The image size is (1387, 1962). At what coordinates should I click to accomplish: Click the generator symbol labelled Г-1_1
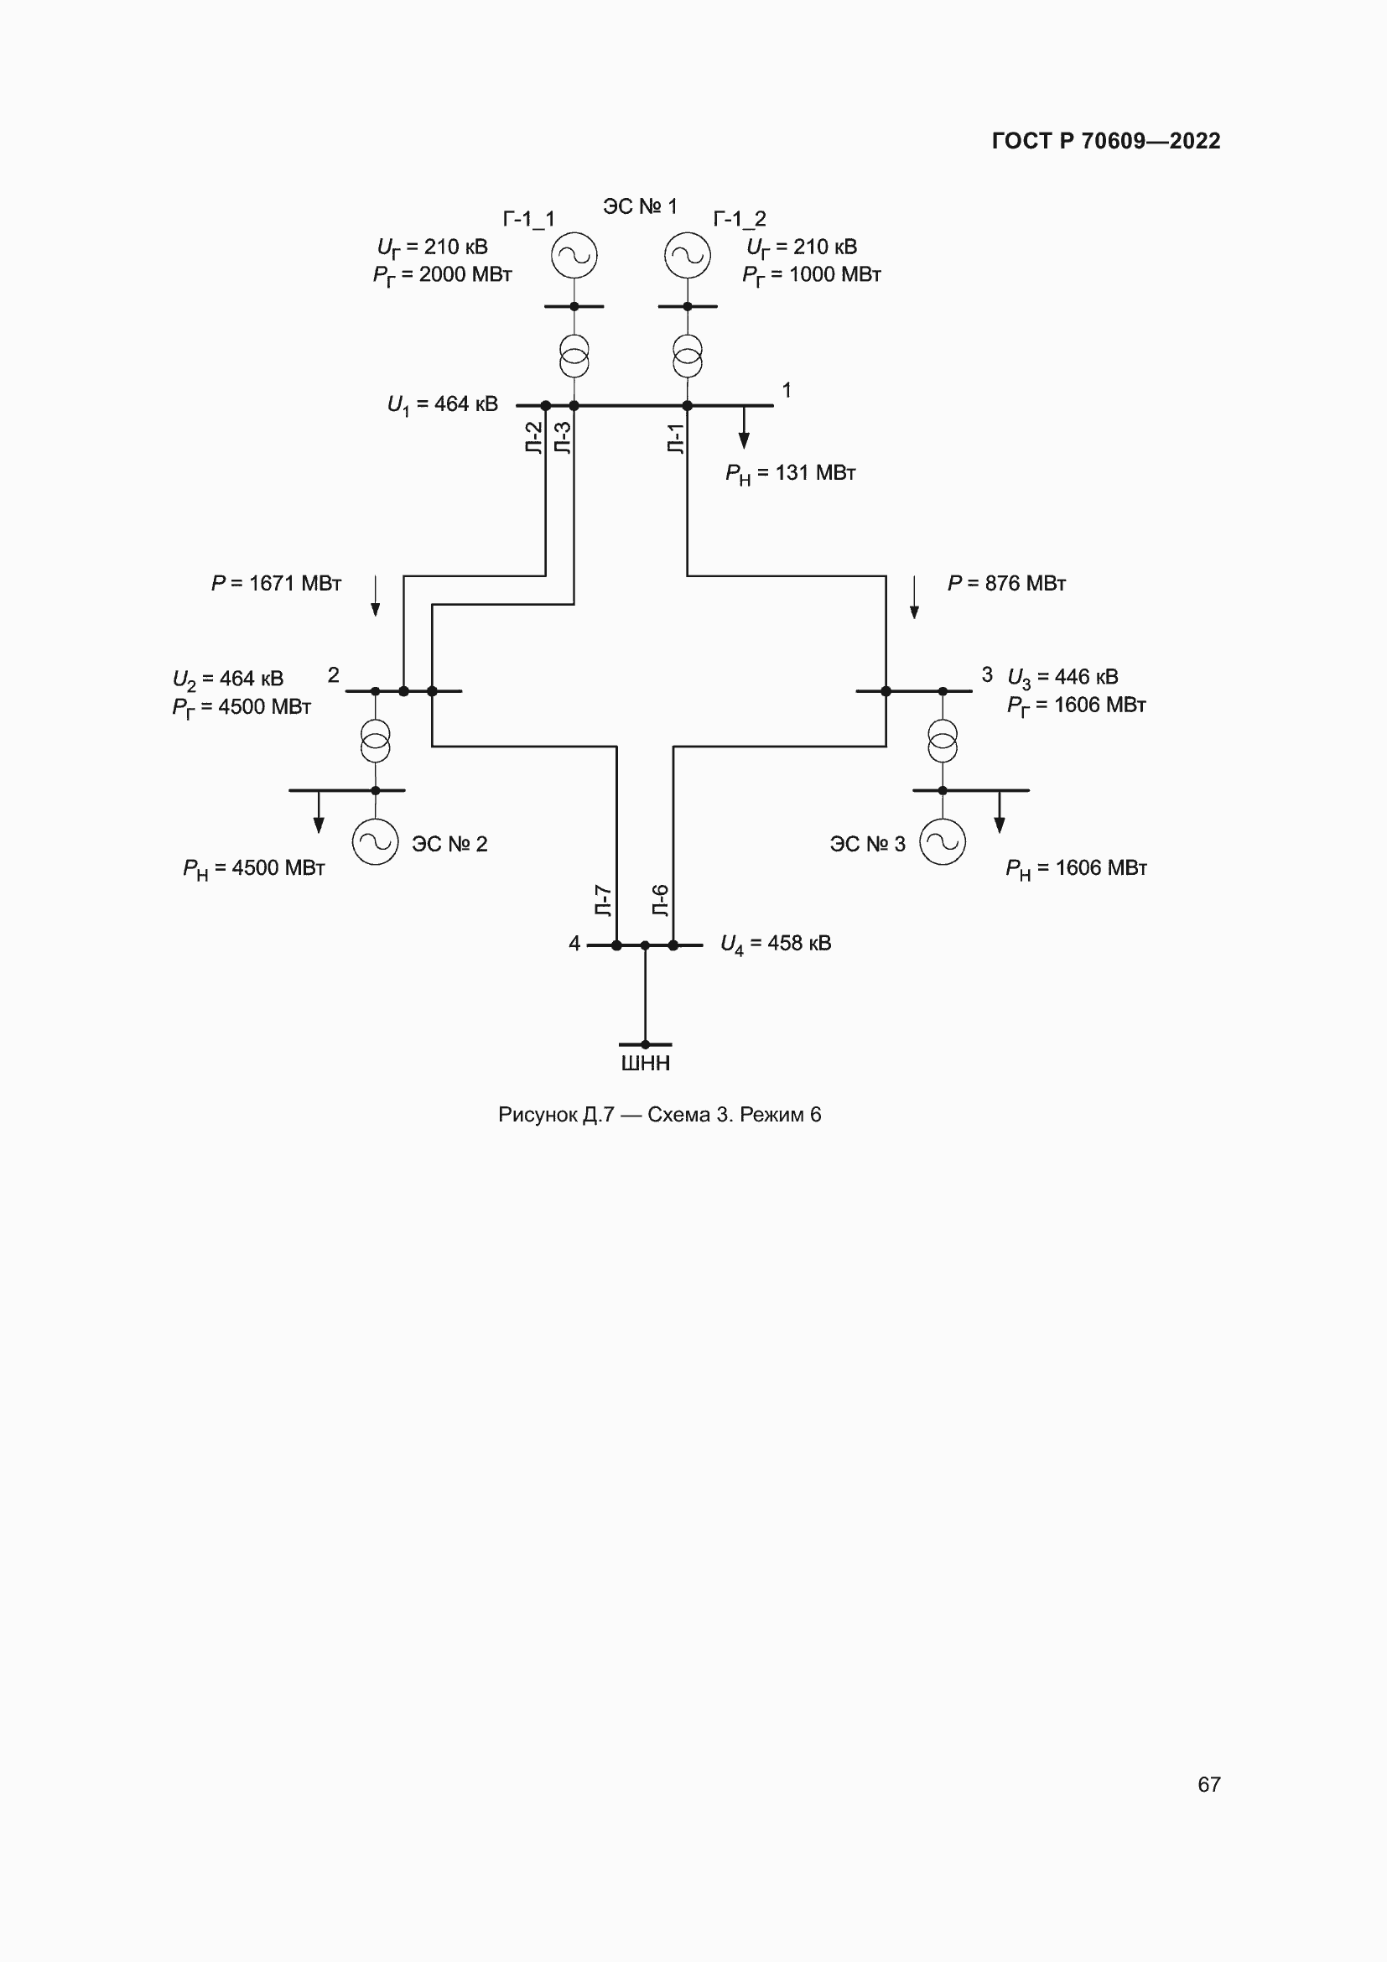point(573,256)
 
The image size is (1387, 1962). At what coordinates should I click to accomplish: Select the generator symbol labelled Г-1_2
point(688,256)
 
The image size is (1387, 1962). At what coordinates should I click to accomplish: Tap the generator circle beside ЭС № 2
point(375,841)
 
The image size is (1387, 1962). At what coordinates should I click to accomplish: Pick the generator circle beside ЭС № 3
point(942,841)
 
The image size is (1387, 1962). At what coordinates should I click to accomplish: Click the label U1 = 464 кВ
point(443,404)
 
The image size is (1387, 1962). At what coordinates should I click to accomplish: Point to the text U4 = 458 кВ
point(776,944)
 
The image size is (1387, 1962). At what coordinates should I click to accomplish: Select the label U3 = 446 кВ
point(1062,678)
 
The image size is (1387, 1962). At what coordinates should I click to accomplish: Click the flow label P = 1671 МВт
point(276,584)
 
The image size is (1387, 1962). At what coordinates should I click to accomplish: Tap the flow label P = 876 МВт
point(1006,584)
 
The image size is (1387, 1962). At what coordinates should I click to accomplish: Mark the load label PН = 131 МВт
point(790,473)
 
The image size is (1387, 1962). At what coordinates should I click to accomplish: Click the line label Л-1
point(676,438)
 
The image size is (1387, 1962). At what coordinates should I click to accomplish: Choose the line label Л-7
point(603,901)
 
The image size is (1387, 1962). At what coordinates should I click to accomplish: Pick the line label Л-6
point(660,901)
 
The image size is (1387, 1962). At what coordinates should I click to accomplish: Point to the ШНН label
point(645,1063)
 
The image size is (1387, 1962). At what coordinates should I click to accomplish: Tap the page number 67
point(1208,1784)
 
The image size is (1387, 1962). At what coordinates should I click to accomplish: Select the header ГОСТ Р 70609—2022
point(1106,141)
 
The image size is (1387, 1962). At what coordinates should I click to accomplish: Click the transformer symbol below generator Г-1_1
point(574,356)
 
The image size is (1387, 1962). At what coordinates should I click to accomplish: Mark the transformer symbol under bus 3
point(943,741)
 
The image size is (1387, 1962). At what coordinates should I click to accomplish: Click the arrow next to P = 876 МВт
point(914,597)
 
